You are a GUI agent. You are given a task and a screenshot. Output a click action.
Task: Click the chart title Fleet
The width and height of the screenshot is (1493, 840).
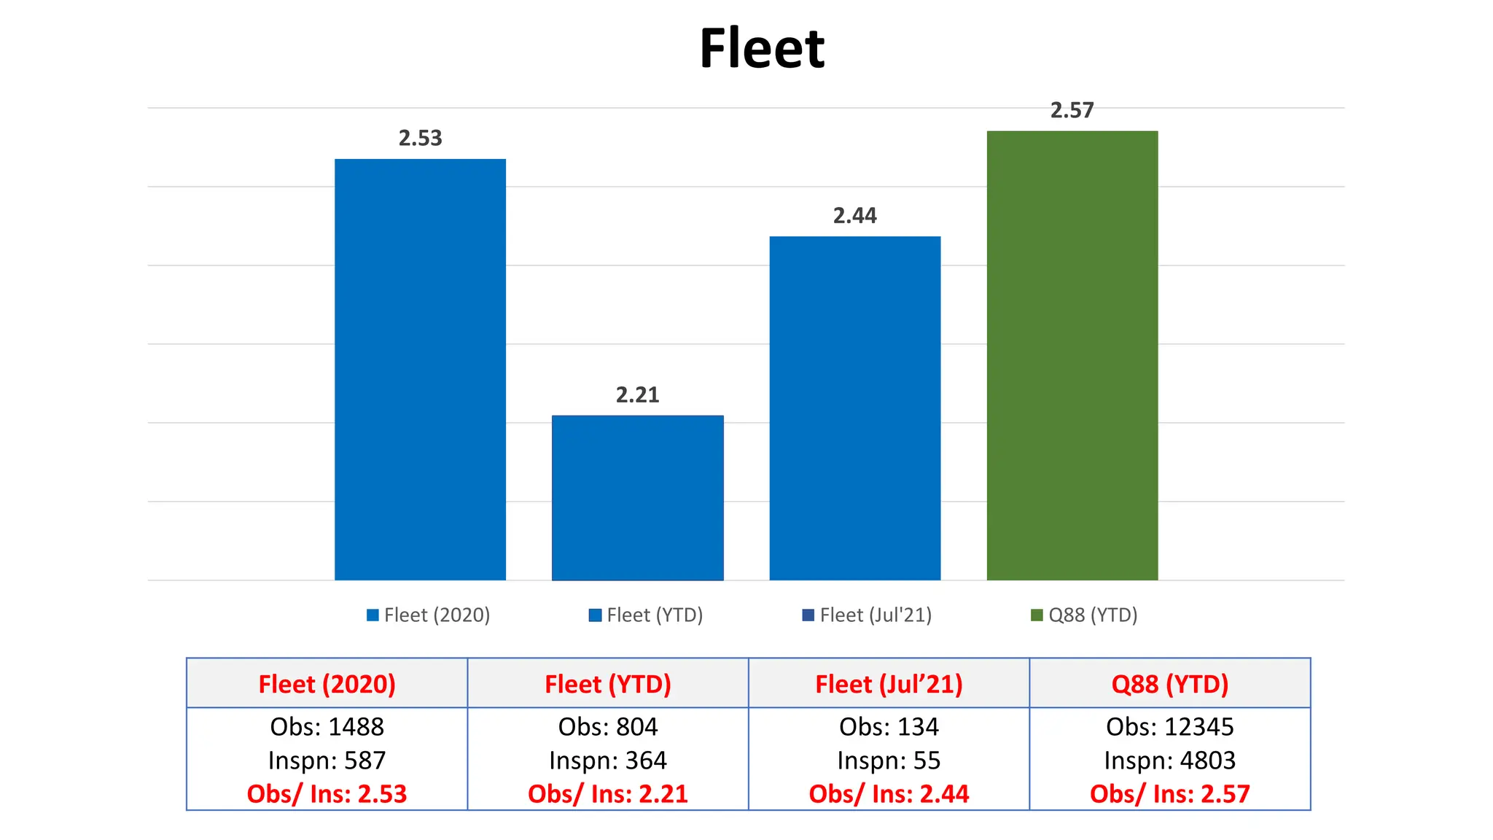[761, 49]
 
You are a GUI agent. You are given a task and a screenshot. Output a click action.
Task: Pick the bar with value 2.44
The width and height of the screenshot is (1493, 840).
[854, 408]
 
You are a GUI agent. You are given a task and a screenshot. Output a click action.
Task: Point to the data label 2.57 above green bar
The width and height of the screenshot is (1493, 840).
[1072, 110]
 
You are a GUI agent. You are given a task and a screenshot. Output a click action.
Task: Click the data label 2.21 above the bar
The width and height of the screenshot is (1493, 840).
[637, 394]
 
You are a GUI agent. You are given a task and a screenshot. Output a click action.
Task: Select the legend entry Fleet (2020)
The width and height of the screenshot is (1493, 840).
[428, 615]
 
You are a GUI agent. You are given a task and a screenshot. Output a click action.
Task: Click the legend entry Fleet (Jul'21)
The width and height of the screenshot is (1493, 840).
[867, 615]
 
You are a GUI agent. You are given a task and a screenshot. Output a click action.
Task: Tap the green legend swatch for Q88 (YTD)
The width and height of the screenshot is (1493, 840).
[1036, 615]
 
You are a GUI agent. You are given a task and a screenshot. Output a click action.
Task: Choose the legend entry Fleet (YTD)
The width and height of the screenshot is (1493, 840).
[646, 615]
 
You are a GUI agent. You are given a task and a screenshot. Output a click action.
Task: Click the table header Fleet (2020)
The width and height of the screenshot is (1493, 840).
[327, 684]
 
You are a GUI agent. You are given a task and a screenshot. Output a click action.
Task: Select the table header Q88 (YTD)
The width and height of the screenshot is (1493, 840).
[1169, 684]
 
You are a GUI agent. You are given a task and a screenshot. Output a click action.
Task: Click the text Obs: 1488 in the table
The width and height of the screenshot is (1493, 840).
[327, 726]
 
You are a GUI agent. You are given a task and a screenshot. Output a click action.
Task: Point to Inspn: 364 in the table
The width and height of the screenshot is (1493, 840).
[607, 761]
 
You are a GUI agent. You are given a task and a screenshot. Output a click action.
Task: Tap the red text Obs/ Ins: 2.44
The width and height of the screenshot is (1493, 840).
[889, 793]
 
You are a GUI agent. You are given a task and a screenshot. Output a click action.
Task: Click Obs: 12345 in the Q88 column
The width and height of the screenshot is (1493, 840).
[1169, 726]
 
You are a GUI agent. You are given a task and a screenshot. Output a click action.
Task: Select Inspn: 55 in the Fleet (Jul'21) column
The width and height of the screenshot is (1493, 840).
[889, 761]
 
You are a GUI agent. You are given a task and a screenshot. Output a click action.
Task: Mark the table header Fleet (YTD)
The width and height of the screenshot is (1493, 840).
[607, 684]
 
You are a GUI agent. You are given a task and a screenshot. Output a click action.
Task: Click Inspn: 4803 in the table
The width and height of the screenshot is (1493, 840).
[1169, 761]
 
